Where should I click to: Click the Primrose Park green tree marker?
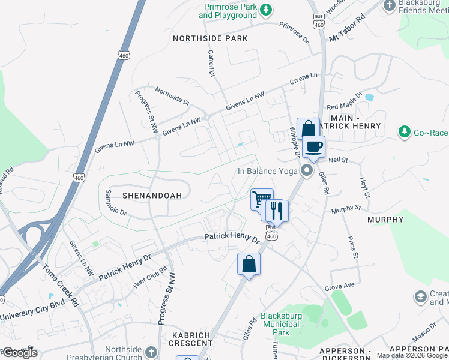point(265,10)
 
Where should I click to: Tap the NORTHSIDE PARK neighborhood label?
point(210,38)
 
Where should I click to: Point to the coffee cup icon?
point(313,146)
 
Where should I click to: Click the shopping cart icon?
point(261,199)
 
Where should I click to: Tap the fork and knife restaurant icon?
point(276,210)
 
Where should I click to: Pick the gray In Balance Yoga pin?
point(307,172)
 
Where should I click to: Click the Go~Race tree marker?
point(405,131)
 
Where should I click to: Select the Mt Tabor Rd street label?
point(347,28)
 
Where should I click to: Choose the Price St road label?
point(352,247)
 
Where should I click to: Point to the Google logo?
point(19,353)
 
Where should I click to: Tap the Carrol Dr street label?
point(211,64)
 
